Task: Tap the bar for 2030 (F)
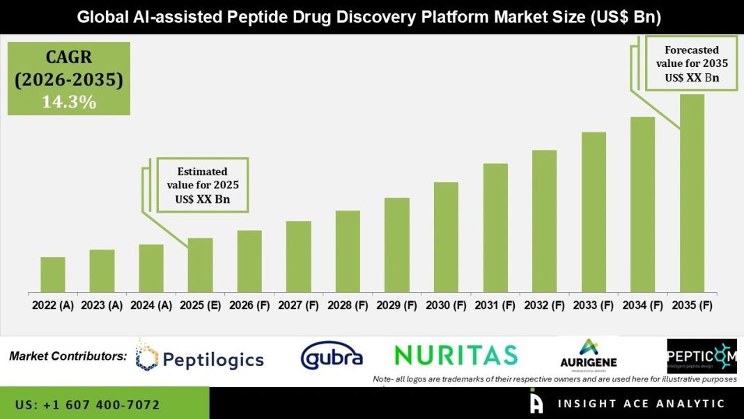446,237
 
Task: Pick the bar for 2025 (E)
200,265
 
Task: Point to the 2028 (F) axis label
348,305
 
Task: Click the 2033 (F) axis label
594,305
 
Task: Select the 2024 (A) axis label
151,305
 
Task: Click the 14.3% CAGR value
68,102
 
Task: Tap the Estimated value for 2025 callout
202,185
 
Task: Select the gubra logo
332,357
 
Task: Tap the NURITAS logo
456,355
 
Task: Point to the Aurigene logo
589,356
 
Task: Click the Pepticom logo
702,356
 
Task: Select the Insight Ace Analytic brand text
641,404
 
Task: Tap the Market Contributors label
68,356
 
